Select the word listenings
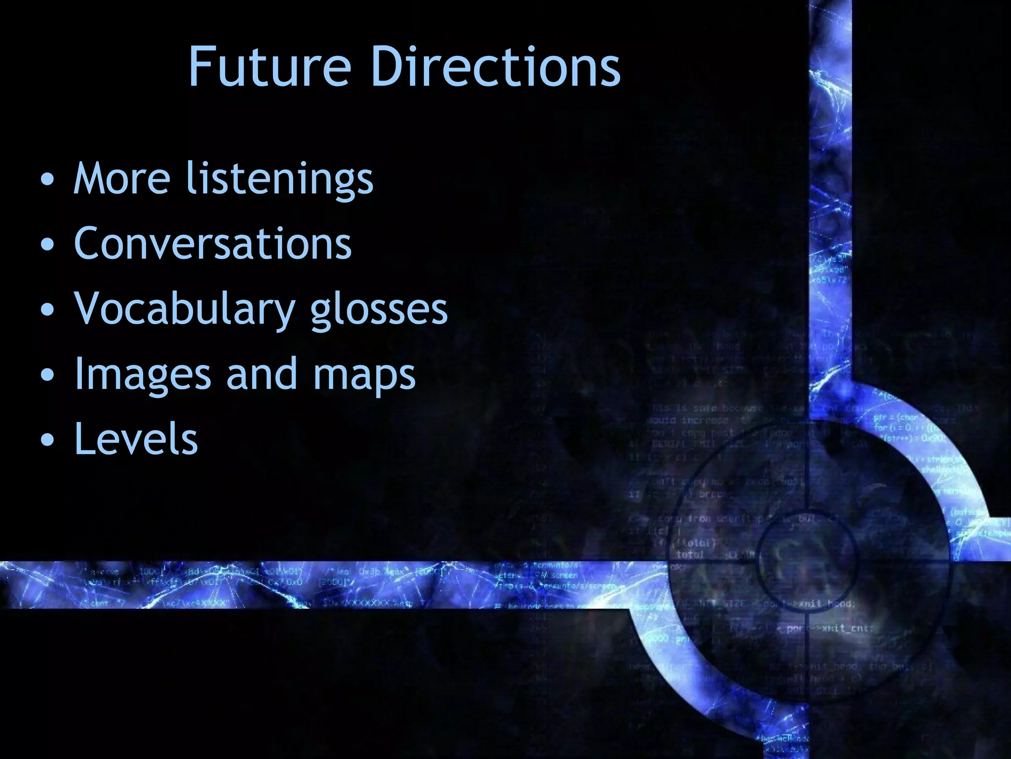(280, 179)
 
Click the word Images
(143, 375)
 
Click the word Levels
(136, 439)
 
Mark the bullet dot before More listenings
(47, 180)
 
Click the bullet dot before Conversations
(47, 245)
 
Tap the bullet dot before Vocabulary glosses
(47, 310)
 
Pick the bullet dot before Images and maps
(47, 376)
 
